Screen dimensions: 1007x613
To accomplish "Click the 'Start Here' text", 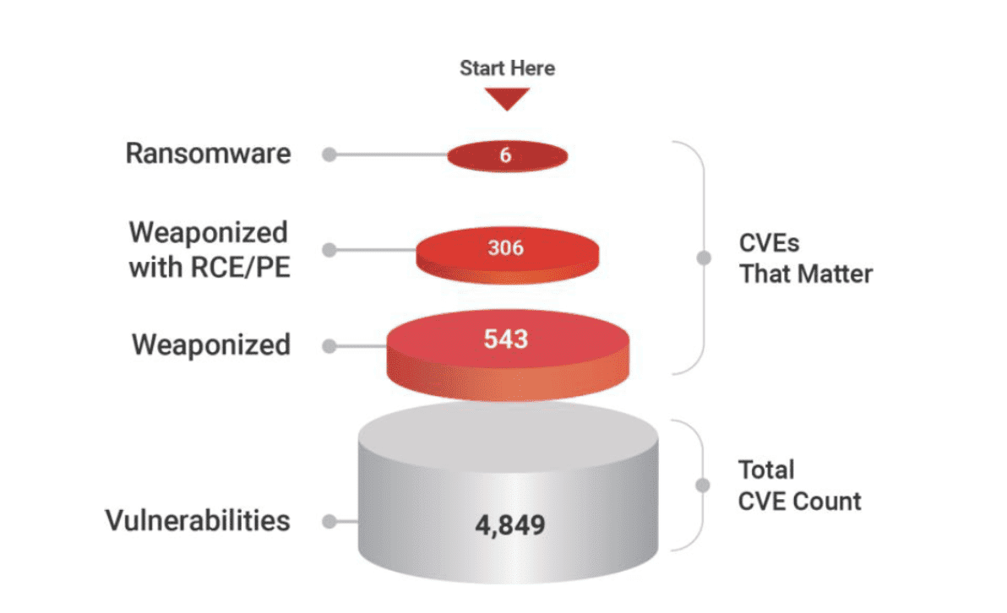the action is click(x=508, y=68).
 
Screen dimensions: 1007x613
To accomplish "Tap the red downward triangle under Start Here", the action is click(x=507, y=99).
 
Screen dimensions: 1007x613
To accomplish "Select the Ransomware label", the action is click(x=208, y=154).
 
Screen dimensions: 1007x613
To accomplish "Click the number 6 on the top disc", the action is click(x=505, y=155).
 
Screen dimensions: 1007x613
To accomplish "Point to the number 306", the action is click(x=506, y=247).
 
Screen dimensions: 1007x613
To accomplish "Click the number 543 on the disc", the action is click(x=506, y=339).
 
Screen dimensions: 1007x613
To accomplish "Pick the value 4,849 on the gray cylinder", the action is click(x=510, y=525).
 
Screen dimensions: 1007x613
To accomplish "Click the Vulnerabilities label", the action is click(x=198, y=521).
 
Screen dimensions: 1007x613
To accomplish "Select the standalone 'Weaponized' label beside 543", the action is click(x=211, y=344).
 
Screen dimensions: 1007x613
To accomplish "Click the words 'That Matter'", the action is click(x=806, y=274).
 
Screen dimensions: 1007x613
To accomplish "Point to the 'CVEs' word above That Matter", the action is click(x=770, y=243).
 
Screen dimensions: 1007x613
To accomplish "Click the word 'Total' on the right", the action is click(x=766, y=469).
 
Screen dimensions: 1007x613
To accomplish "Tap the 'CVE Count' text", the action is click(x=799, y=502).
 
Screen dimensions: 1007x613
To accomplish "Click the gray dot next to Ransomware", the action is click(x=329, y=155).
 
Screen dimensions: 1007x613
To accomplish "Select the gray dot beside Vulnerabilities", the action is click(x=329, y=522).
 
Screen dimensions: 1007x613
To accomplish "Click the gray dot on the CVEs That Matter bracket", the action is click(x=704, y=258).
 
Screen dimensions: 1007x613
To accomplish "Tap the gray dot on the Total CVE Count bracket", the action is click(x=703, y=486).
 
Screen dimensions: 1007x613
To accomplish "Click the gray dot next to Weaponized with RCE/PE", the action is click(x=329, y=250).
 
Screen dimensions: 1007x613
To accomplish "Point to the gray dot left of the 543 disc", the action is click(x=329, y=347).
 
